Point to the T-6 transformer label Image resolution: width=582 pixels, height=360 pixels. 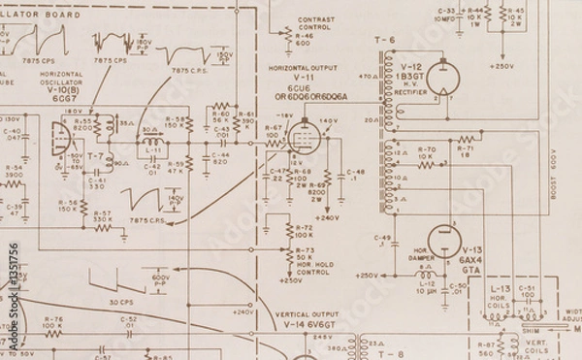pos(386,40)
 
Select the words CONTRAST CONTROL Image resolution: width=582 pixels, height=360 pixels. pos(316,24)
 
